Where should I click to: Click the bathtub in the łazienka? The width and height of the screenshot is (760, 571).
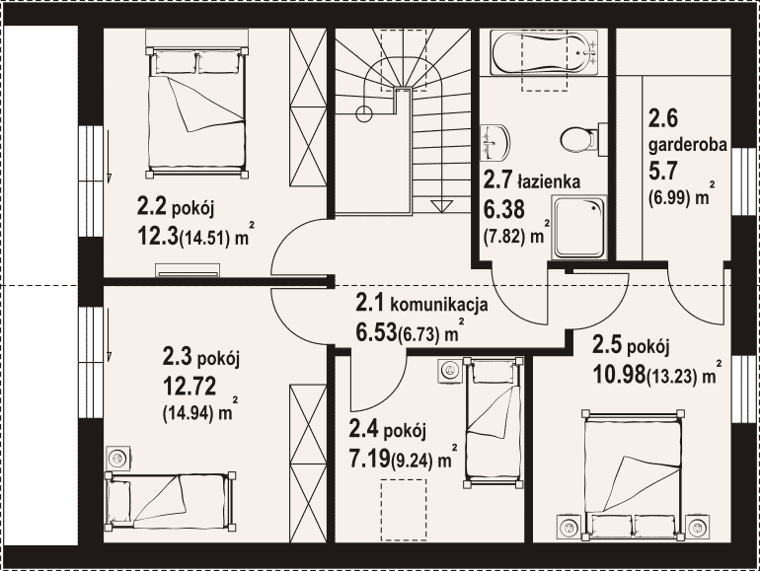click(544, 52)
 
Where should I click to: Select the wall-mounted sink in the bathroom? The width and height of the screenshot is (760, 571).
click(494, 143)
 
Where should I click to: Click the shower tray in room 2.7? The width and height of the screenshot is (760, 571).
click(578, 227)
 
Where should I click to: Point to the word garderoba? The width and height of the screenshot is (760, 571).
click(688, 144)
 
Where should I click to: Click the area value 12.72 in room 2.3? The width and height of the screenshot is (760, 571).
click(190, 386)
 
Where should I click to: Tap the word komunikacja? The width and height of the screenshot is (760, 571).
click(438, 305)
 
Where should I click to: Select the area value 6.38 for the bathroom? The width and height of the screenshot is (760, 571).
click(504, 210)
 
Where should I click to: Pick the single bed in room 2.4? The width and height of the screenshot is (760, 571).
click(494, 422)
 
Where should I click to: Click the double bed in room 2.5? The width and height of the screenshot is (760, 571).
click(634, 474)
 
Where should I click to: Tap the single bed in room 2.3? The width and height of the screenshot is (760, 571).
click(171, 502)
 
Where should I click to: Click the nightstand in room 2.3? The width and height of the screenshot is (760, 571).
click(118, 458)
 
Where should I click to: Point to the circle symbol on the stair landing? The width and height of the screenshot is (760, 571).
click(364, 114)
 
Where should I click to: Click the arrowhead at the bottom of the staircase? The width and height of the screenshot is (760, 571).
click(440, 206)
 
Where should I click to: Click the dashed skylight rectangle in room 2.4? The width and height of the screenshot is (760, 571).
click(404, 510)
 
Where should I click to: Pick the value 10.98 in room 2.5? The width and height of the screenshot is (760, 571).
click(620, 374)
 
